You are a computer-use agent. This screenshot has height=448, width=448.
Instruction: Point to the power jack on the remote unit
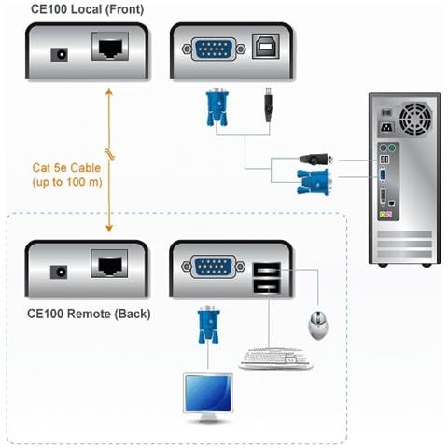(x=62, y=272)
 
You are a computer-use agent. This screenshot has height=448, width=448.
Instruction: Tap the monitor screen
(x=208, y=392)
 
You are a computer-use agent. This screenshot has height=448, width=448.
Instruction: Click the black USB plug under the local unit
(x=268, y=104)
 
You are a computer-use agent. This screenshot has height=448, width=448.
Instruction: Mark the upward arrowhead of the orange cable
(x=109, y=91)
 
